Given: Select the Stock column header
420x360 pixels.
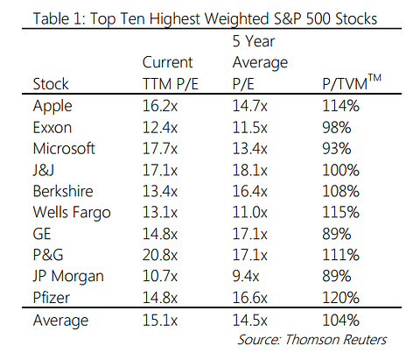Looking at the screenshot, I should coord(50,86).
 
